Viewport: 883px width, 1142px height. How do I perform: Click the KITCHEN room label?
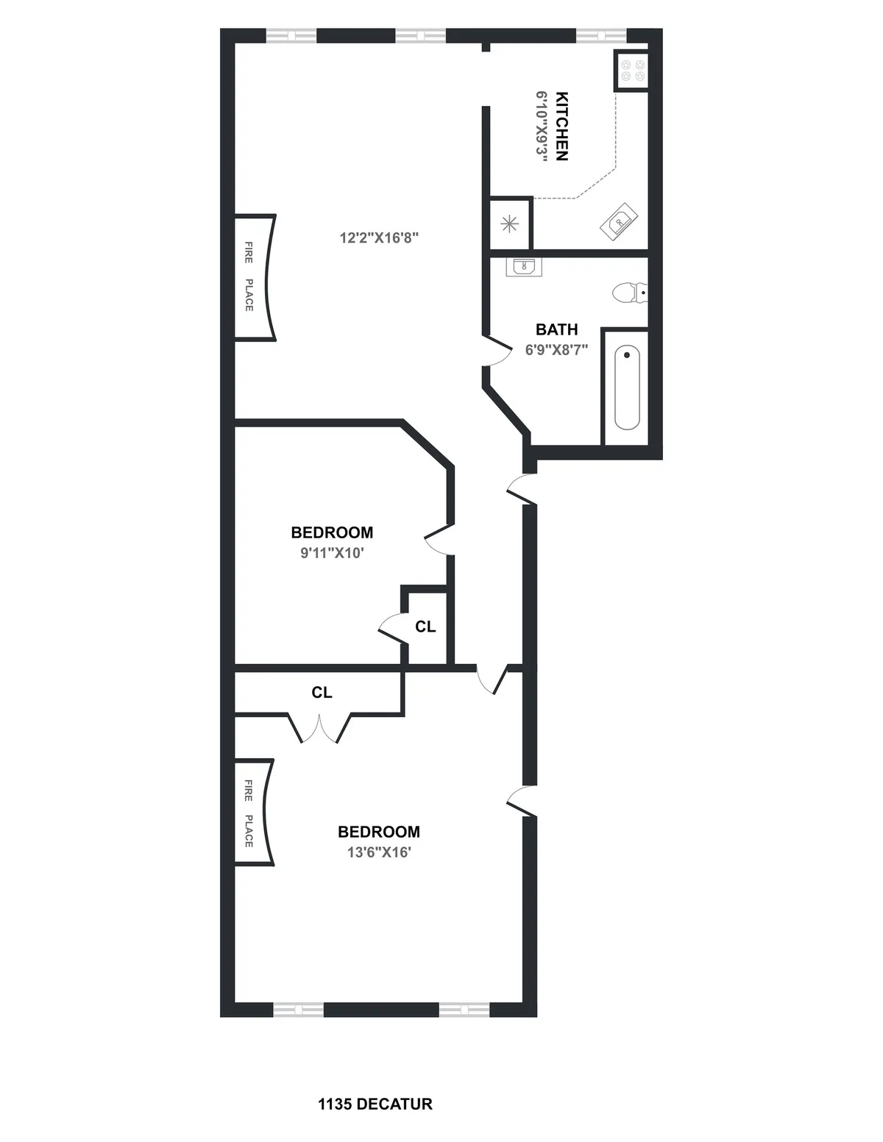click(x=561, y=126)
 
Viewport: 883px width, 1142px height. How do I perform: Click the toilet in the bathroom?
click(x=630, y=293)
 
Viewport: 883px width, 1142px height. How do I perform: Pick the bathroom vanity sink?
click(x=524, y=266)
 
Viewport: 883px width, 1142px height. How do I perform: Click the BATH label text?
click(x=556, y=329)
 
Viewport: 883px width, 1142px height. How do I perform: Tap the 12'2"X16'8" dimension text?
click(x=379, y=238)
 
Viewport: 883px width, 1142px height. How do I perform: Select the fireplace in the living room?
click(x=255, y=277)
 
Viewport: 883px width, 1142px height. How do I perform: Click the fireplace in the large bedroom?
click(x=255, y=812)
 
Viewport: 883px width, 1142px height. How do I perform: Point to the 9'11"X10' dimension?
click(x=332, y=553)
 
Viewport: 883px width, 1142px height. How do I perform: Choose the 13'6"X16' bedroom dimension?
click(x=379, y=852)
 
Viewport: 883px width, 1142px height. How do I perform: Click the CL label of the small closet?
click(x=425, y=627)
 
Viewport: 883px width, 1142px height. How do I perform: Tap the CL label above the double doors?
click(x=322, y=693)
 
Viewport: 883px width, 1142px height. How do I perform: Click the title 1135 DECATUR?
click(x=375, y=1104)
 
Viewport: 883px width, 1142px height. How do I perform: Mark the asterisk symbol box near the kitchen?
click(x=510, y=224)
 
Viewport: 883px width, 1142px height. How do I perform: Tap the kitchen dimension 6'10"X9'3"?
click(x=542, y=126)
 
